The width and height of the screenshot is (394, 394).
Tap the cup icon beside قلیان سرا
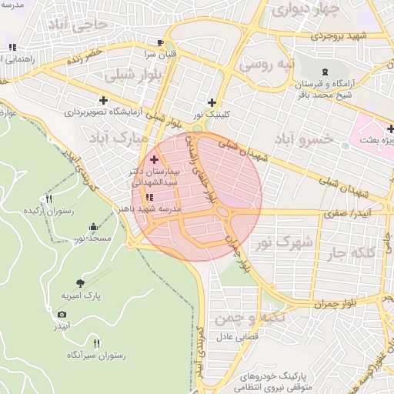coord(159,43)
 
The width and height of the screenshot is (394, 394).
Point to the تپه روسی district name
coord(265,65)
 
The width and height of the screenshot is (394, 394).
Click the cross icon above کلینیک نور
coord(212,102)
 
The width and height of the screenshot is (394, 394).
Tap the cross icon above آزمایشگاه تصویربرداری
coord(103,100)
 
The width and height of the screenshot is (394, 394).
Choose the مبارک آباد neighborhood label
coord(116,138)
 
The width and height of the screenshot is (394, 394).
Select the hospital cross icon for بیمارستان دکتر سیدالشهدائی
coord(154,159)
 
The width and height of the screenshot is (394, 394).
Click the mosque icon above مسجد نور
coord(94,227)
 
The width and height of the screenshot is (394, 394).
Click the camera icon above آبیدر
coord(62,314)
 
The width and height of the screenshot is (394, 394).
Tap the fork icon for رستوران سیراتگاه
coord(96,342)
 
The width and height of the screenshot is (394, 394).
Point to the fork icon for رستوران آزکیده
coord(49,199)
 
